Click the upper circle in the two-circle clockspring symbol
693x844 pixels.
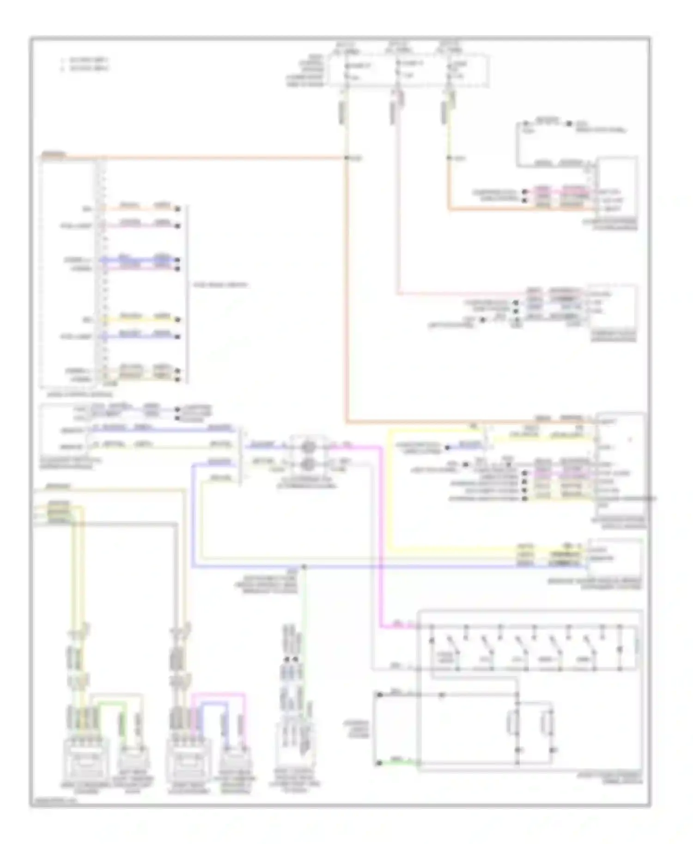coord(309,446)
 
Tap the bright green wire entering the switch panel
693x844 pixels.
coord(397,763)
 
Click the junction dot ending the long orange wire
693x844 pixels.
coord(346,158)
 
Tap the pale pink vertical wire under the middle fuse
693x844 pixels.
coord(398,208)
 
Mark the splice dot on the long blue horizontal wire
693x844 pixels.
coord(304,566)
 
